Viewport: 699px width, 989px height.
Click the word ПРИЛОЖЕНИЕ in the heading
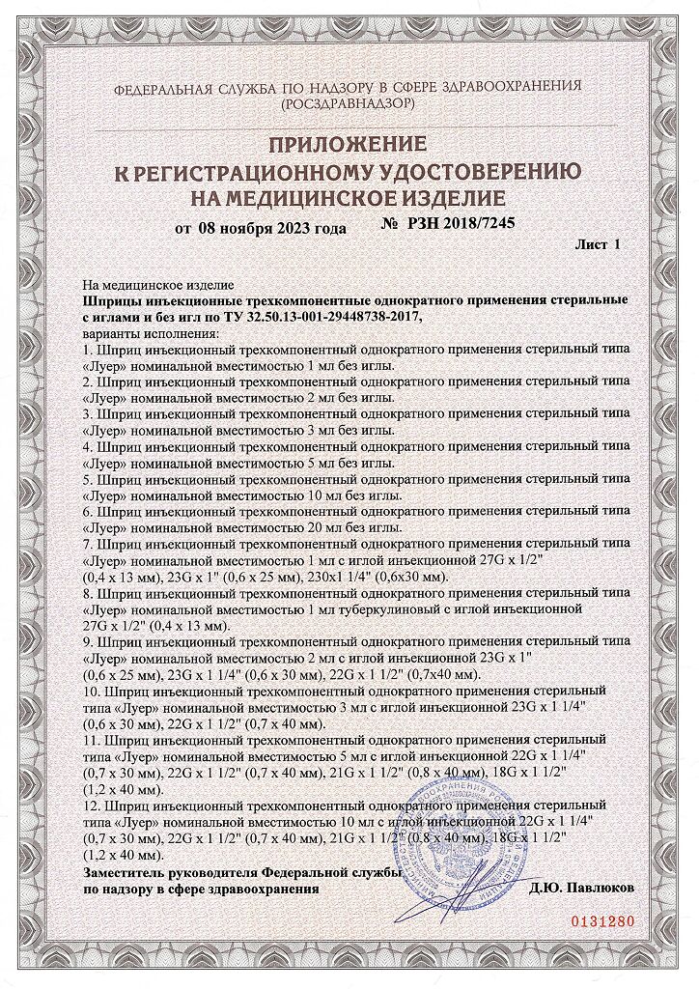pyautogui.click(x=346, y=146)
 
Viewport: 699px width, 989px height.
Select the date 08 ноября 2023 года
pyautogui.click(x=271, y=229)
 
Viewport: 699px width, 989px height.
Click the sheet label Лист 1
pyautogui.click(x=598, y=245)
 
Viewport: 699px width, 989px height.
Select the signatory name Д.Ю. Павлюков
pyautogui.click(x=576, y=888)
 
